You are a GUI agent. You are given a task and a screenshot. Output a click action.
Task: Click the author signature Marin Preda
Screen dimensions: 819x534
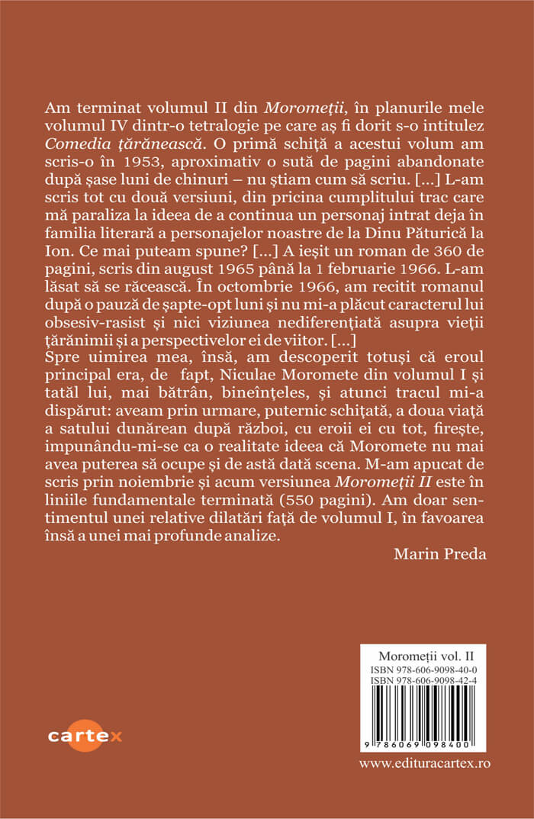[439, 553]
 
